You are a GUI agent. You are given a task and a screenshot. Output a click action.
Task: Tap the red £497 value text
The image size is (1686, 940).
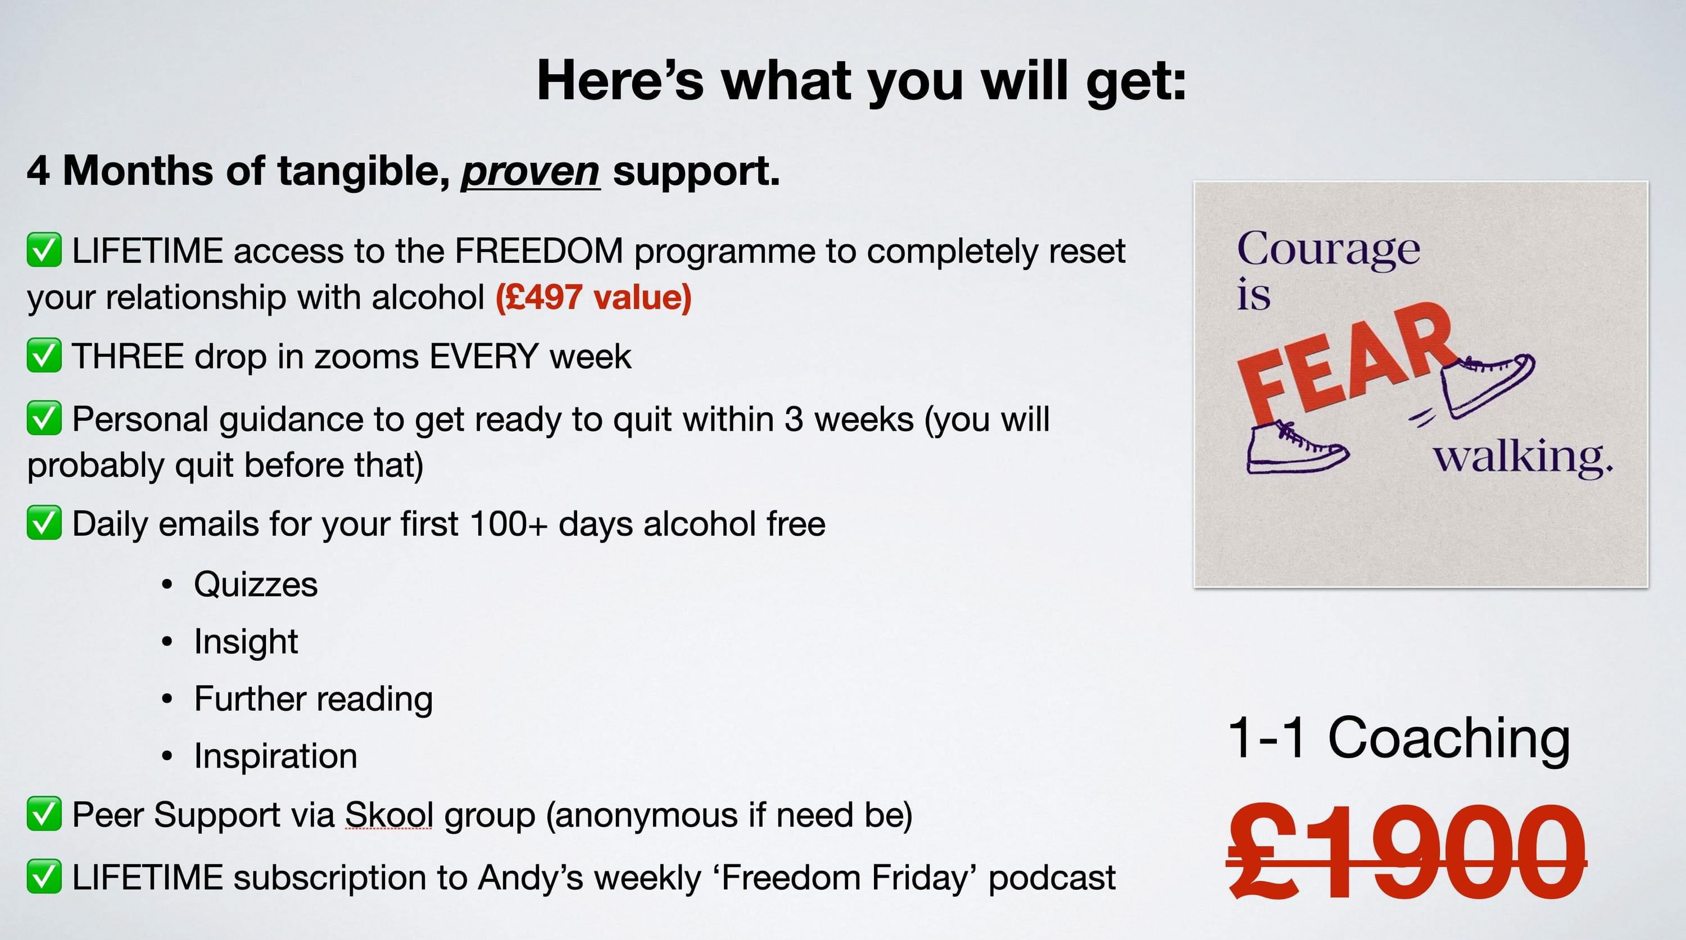click(x=593, y=298)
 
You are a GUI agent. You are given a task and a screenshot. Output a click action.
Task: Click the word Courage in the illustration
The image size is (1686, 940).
click(x=1329, y=249)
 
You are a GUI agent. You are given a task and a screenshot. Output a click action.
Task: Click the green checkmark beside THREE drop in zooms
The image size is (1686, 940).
click(x=44, y=356)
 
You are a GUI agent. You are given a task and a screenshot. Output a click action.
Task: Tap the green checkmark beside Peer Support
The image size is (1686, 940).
click(x=44, y=814)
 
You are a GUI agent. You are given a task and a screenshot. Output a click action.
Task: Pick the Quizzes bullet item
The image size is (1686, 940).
click(x=256, y=584)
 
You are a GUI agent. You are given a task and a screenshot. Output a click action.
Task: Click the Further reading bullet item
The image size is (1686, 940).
click(x=314, y=699)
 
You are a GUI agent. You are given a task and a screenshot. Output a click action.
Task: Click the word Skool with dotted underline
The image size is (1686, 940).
click(x=389, y=815)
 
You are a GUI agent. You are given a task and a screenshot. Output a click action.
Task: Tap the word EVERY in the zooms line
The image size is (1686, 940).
click(x=484, y=357)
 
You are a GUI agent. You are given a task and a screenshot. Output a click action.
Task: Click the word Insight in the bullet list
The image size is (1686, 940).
click(x=246, y=642)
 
